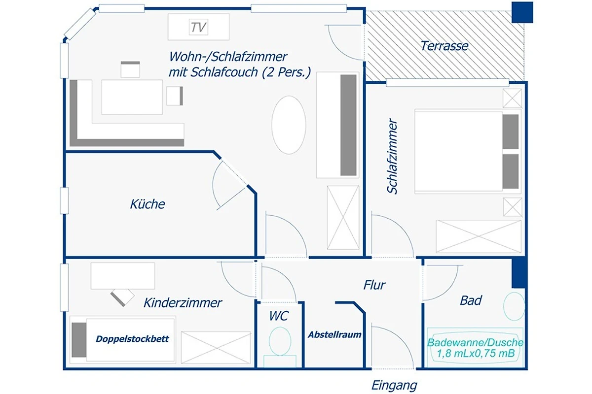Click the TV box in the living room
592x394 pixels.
tap(198, 27)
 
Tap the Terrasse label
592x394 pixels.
tap(444, 46)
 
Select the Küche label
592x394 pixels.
tap(148, 204)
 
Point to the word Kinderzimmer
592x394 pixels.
tap(183, 303)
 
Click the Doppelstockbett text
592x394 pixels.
tap(132, 339)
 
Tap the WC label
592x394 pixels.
tap(279, 316)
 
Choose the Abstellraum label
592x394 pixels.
tap(334, 334)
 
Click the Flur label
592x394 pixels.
tap(374, 285)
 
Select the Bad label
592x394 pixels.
tap(471, 300)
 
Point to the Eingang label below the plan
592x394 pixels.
tap(394, 386)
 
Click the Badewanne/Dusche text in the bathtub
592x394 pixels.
tap(475, 342)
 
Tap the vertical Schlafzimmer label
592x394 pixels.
tap(392, 156)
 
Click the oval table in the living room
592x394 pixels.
tap(289, 125)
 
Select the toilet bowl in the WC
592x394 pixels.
tap(280, 341)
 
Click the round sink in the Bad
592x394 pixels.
tap(514, 306)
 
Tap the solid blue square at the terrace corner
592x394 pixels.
tap(522, 12)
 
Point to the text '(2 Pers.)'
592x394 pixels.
tap(286, 72)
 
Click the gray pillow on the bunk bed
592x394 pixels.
tap(79, 340)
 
